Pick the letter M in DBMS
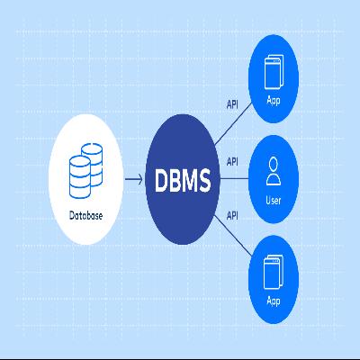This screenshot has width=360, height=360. (x=192, y=182)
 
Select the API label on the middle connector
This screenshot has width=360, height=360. (x=232, y=163)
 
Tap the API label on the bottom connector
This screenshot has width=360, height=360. (x=232, y=215)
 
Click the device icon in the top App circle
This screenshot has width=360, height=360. (x=274, y=71)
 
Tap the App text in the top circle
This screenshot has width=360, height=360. (x=274, y=100)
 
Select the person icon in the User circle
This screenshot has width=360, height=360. (x=274, y=170)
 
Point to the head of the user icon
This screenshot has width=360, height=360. (x=274, y=164)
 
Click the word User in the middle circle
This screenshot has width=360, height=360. (x=274, y=200)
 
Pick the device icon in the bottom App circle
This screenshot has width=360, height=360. (x=274, y=268)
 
